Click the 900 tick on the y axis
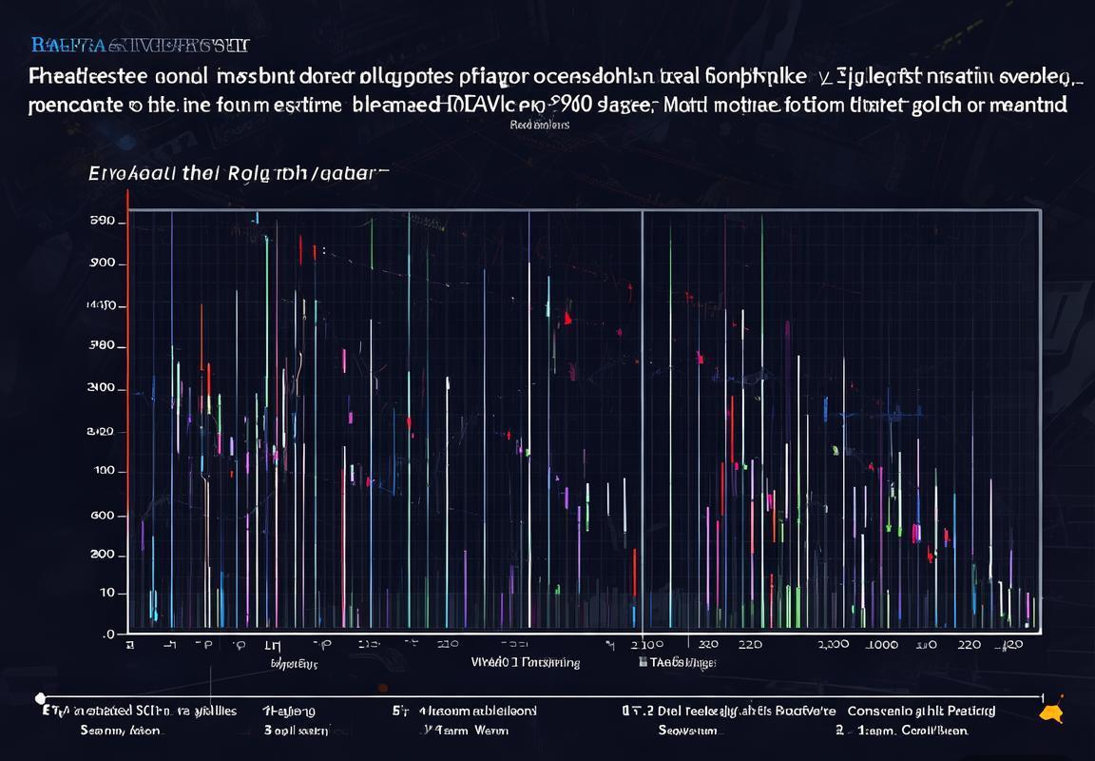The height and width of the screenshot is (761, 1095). [x=103, y=263]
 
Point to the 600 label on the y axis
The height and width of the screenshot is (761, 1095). [x=102, y=516]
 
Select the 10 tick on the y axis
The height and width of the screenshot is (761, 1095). [x=106, y=593]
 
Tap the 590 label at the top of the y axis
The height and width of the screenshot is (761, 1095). [x=102, y=221]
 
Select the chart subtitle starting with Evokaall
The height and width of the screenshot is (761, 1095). [x=238, y=174]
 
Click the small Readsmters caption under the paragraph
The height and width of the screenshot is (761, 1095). [x=539, y=124]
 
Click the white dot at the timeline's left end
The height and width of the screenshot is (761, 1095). [x=40, y=698]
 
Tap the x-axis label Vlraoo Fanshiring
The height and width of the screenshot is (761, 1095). [x=526, y=662]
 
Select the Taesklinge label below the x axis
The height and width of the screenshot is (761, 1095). [x=679, y=662]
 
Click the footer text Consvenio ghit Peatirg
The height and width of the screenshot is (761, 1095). [x=921, y=711]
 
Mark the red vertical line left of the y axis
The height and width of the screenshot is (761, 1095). [x=126, y=409]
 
